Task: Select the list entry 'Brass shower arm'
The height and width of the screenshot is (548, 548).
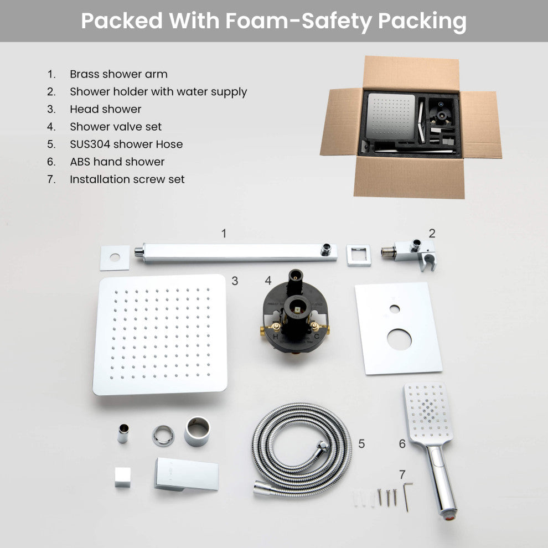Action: tap(118, 74)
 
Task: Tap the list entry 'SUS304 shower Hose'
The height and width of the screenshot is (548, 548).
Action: tap(126, 144)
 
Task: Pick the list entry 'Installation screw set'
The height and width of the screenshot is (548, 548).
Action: tap(127, 179)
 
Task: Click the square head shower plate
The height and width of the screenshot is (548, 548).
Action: tap(161, 334)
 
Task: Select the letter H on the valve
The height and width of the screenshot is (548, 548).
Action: tap(276, 337)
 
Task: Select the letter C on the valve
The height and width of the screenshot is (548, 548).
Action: tap(317, 337)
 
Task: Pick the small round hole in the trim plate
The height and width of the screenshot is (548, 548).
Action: tap(395, 309)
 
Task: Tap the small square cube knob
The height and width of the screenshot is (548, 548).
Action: tap(123, 477)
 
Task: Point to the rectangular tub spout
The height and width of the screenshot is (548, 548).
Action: tap(187, 474)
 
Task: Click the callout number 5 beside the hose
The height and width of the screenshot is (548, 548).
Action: tap(361, 443)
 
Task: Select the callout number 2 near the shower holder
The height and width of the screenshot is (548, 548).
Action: tap(432, 233)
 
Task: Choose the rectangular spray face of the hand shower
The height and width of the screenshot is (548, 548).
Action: tap(428, 413)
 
